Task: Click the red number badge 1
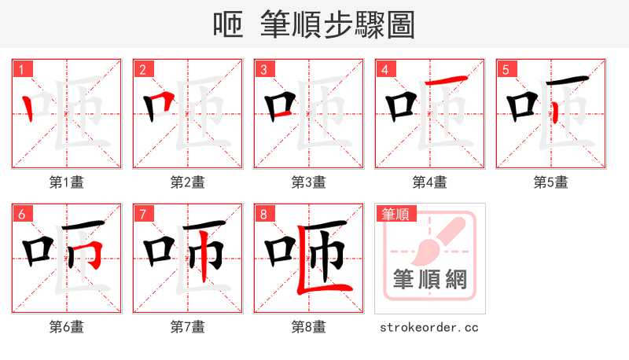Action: [x=21, y=69]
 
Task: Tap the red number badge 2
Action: [x=142, y=69]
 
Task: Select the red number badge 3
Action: [x=263, y=69]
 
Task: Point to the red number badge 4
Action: [x=384, y=69]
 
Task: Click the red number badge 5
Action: [x=506, y=69]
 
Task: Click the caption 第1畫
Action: [x=67, y=182]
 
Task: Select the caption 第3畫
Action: [x=309, y=182]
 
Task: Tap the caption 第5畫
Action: [x=551, y=182]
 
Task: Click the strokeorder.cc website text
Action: [x=430, y=327]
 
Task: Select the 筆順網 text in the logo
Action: [x=430, y=279]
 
